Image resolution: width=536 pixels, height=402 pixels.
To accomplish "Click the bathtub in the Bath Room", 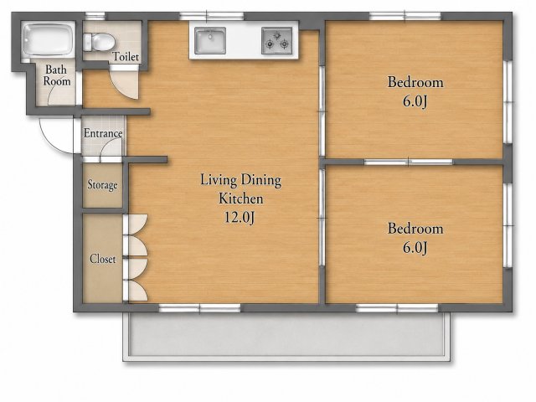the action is pyautogui.click(x=49, y=39).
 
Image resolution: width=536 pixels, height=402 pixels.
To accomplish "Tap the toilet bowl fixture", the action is pyautogui.click(x=99, y=42).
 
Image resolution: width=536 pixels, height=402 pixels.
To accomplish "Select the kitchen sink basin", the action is pyautogui.click(x=210, y=41).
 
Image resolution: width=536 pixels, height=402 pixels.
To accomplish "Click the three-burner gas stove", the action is pyautogui.click(x=277, y=41).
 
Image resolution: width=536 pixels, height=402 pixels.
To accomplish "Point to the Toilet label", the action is pyautogui.click(x=126, y=57).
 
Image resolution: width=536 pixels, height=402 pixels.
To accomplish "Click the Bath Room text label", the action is pyautogui.click(x=57, y=75).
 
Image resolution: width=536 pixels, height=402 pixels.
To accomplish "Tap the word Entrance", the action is pyautogui.click(x=103, y=133).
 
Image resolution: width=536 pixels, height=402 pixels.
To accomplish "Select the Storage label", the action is pyautogui.click(x=102, y=185).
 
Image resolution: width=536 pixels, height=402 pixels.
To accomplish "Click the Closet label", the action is pyautogui.click(x=102, y=259).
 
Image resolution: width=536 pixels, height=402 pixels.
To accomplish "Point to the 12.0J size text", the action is pyautogui.click(x=240, y=217).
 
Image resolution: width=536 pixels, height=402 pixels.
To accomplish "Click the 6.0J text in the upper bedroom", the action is pyautogui.click(x=415, y=101).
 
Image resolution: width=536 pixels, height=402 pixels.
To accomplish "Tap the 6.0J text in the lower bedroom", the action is pyautogui.click(x=415, y=248).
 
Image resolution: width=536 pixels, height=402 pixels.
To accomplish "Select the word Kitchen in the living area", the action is pyautogui.click(x=241, y=198).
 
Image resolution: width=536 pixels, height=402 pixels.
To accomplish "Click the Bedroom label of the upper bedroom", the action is pyautogui.click(x=415, y=82).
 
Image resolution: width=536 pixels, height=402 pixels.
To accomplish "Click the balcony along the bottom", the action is pyautogui.click(x=287, y=337).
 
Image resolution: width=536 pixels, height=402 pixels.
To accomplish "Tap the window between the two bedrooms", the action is pyautogui.click(x=409, y=162).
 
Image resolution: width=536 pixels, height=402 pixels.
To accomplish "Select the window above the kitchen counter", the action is pyautogui.click(x=212, y=16).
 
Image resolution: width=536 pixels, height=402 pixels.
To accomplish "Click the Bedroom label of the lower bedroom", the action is pyautogui.click(x=415, y=229).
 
